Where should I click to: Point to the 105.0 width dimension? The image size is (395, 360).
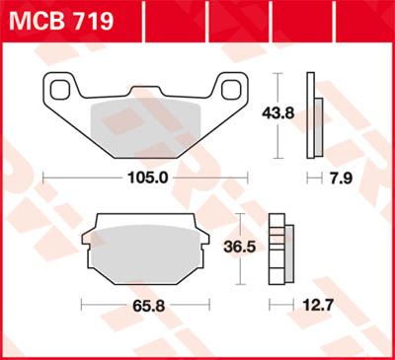[147, 179]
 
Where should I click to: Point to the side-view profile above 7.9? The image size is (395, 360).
[313, 114]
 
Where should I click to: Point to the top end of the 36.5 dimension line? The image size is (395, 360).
[240, 216]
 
